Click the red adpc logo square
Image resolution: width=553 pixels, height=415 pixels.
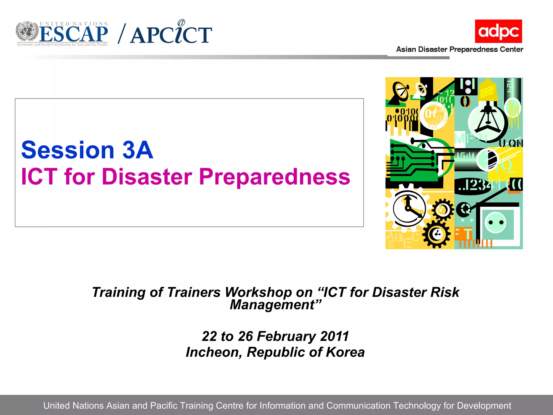click(x=498, y=31)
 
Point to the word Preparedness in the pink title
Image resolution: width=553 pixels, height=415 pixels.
click(x=274, y=177)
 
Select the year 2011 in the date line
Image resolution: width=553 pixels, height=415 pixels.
click(x=335, y=336)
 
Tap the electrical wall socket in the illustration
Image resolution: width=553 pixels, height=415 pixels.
click(x=496, y=223)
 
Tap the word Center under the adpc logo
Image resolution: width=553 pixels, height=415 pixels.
click(x=511, y=49)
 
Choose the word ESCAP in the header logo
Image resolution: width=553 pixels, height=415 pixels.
click(x=74, y=34)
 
